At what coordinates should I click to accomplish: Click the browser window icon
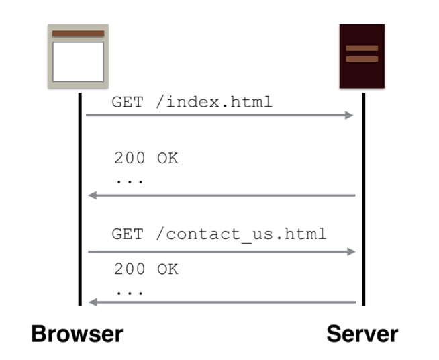pos(78,56)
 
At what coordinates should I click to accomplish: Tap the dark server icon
pos(362,56)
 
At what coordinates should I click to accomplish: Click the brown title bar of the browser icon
pos(78,34)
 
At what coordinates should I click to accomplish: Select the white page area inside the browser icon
pos(78,62)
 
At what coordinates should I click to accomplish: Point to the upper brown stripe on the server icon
pos(362,48)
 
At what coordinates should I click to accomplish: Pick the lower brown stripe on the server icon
pos(362,59)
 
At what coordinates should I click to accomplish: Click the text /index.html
pos(214,102)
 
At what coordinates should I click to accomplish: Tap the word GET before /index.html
pos(128,102)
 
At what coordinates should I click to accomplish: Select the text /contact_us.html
pos(241,234)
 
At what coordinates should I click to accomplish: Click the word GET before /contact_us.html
pos(128,234)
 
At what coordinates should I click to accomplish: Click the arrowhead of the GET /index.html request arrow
pos(349,115)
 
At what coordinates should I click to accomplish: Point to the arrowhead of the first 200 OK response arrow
pos(93,195)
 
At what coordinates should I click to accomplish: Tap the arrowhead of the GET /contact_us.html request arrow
pos(351,252)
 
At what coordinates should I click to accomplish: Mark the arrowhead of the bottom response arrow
pos(93,302)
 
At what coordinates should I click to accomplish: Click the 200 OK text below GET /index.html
pos(146,158)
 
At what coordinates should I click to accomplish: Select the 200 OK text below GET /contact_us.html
pos(146,269)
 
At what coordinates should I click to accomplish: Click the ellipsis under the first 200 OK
pos(130,182)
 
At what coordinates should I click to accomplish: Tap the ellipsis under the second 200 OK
pos(130,294)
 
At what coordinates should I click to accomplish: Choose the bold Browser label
pos(77,334)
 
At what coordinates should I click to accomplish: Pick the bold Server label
pos(362,334)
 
